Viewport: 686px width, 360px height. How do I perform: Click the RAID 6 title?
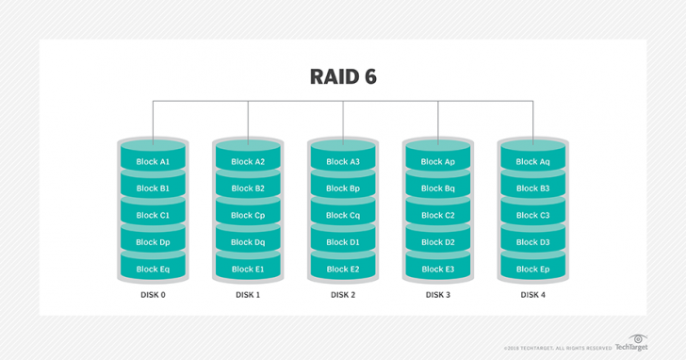[343, 76]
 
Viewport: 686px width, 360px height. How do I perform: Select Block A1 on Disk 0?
[153, 161]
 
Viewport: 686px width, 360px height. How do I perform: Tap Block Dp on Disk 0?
[153, 242]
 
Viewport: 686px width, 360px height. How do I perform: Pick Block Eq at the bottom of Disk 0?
[153, 269]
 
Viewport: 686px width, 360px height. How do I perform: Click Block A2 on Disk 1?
[248, 161]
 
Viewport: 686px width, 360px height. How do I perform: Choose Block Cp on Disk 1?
[248, 215]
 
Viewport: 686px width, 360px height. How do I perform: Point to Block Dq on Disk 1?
[248, 242]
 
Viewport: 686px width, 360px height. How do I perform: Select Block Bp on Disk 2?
[343, 188]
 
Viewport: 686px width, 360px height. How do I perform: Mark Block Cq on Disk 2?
[343, 215]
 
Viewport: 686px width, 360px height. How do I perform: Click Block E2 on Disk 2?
[343, 269]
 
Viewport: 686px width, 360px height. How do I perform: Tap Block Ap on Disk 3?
[438, 161]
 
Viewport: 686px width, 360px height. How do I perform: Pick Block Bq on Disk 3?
[438, 188]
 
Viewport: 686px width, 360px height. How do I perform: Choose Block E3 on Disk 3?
[438, 269]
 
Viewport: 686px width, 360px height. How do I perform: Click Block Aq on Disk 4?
[532, 161]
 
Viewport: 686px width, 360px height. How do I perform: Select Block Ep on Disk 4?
[532, 269]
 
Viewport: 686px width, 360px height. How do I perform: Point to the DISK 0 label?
[153, 295]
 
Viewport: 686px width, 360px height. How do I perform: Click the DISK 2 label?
[343, 295]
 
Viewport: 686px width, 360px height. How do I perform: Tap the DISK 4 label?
[532, 295]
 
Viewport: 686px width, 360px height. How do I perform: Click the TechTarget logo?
[632, 344]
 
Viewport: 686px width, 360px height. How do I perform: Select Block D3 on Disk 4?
[532, 242]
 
